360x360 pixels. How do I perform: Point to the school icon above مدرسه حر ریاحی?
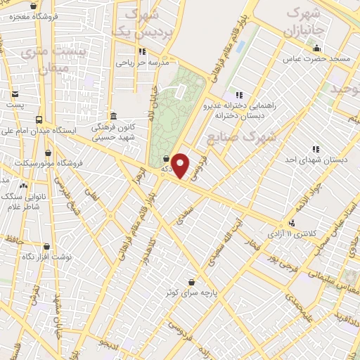[143, 51]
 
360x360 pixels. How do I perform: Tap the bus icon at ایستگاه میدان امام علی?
[38, 120]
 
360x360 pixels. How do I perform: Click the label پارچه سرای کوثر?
[190, 293]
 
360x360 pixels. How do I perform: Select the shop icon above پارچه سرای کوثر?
[191, 283]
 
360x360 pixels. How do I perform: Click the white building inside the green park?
[181, 91]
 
